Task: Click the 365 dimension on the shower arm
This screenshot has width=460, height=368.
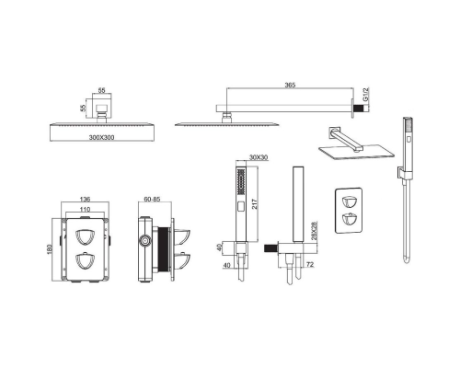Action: pyautogui.click(x=290, y=85)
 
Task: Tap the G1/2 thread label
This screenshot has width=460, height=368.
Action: pyautogui.click(x=365, y=94)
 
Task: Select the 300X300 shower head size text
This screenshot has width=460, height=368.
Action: pyautogui.click(x=101, y=137)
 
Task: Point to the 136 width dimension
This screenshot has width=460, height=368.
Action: pyautogui.click(x=85, y=199)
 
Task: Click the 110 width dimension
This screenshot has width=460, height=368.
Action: pyautogui.click(x=85, y=209)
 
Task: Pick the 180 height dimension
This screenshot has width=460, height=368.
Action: pyautogui.click(x=50, y=249)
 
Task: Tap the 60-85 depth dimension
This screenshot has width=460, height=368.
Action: pyautogui.click(x=152, y=199)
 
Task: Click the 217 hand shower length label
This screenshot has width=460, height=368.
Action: pyautogui.click(x=255, y=203)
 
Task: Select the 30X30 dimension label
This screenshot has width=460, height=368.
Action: pyautogui.click(x=259, y=157)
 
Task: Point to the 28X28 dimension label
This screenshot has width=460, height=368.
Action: pyautogui.click(x=313, y=231)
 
